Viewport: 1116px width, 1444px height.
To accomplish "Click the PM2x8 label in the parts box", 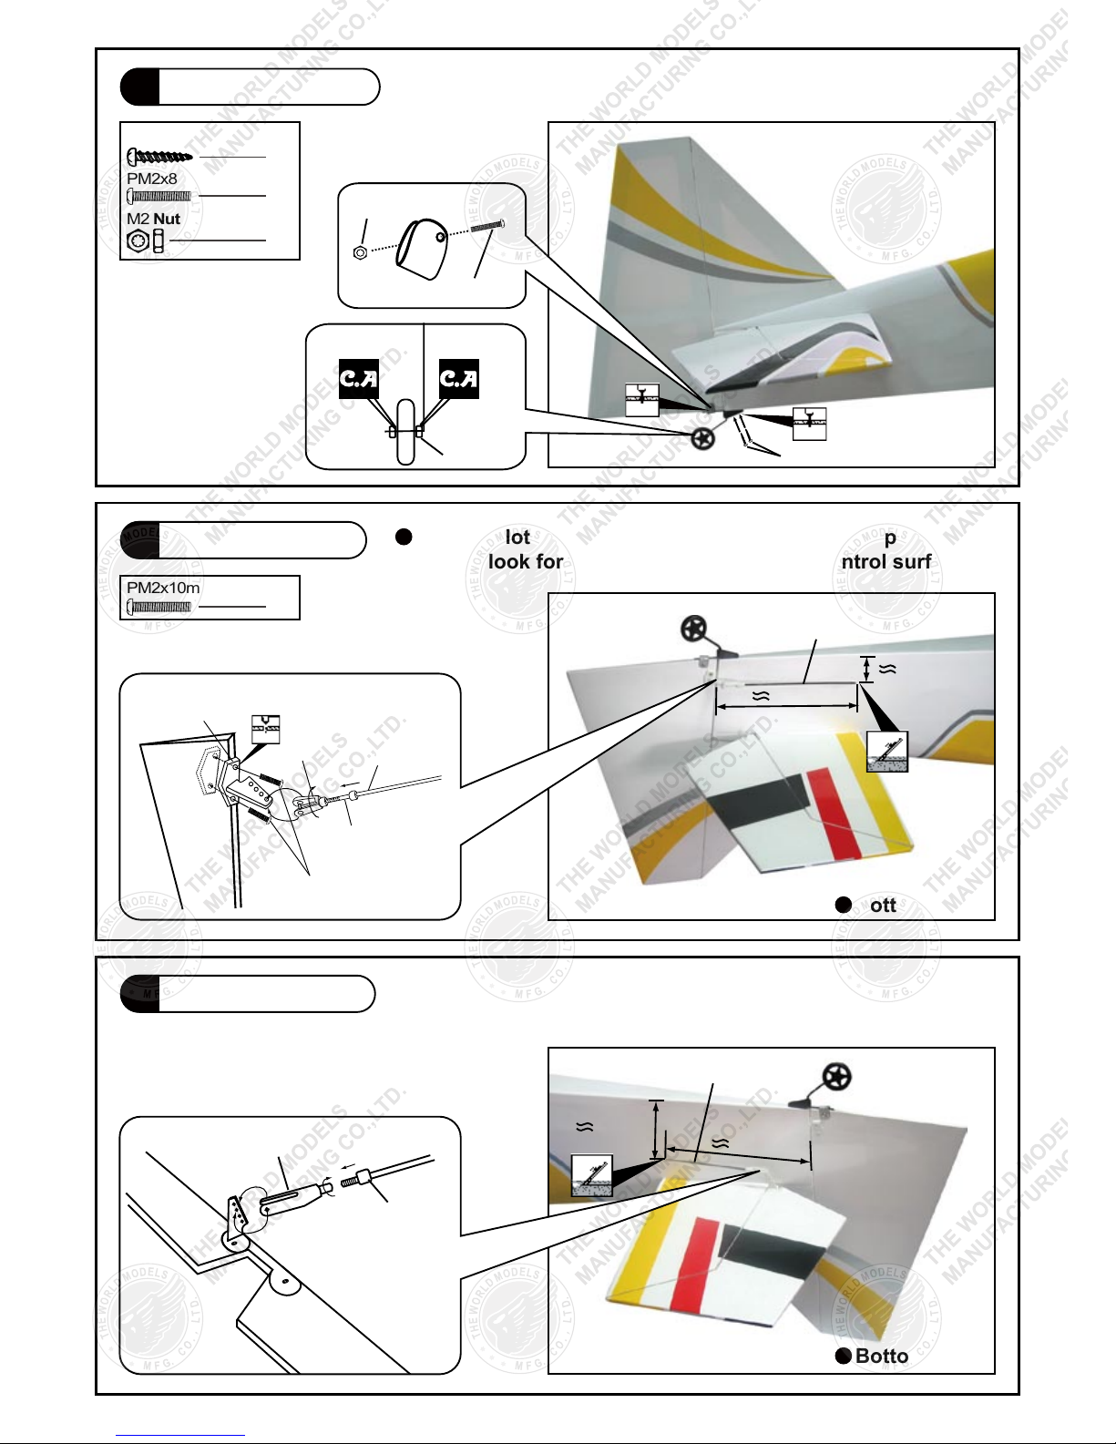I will [x=151, y=179].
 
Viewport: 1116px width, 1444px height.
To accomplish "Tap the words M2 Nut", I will [x=153, y=219].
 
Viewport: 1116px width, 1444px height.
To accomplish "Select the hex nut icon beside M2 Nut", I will [x=138, y=241].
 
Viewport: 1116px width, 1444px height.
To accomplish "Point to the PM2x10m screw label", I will [x=163, y=588].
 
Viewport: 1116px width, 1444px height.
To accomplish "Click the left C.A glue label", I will [x=358, y=378].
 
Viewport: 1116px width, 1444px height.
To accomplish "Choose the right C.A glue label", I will [x=458, y=378].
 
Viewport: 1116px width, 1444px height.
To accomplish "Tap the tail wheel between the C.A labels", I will [x=405, y=431].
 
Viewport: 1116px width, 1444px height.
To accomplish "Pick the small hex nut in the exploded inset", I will [x=360, y=252].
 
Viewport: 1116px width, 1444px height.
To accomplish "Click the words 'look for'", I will [x=526, y=561].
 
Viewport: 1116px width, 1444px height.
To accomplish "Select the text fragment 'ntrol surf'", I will [x=886, y=561].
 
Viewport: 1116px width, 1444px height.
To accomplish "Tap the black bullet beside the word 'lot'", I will [x=404, y=537].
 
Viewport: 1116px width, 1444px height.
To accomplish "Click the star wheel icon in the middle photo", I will [x=694, y=629].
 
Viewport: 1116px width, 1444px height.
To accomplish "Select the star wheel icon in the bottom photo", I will [x=836, y=1077].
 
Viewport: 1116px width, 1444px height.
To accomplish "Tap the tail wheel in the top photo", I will [x=702, y=438].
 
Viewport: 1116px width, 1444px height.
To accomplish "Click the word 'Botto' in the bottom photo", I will [x=881, y=1356].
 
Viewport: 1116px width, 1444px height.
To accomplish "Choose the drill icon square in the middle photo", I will [x=886, y=751].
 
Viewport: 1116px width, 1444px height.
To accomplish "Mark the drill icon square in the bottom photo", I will [x=591, y=1175].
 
